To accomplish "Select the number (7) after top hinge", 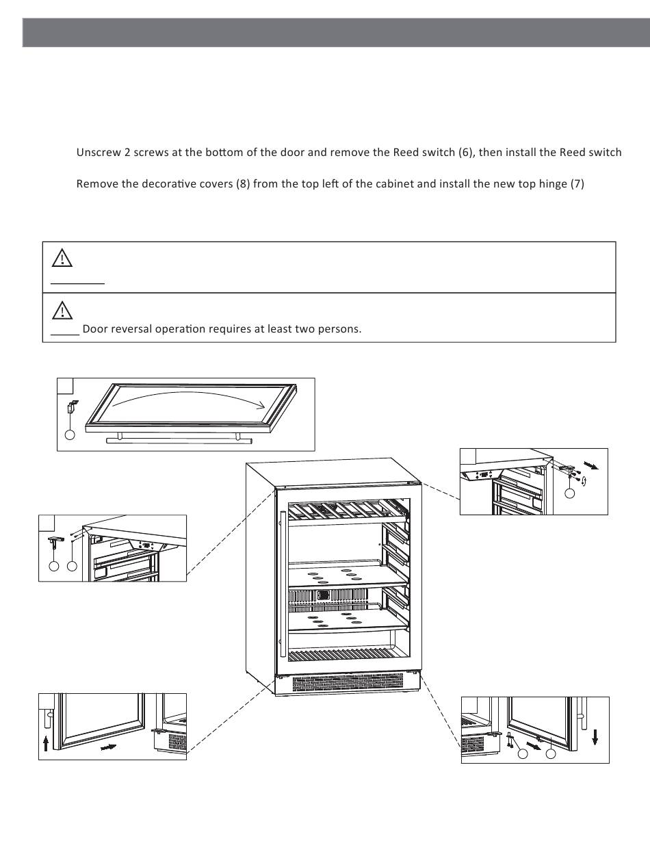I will (x=577, y=184).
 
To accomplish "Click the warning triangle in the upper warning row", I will (x=62, y=257).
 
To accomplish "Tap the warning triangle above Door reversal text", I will (x=62, y=309).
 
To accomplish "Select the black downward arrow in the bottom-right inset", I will (x=595, y=737).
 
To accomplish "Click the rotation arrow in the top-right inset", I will (x=582, y=483).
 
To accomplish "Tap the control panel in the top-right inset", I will (x=484, y=474).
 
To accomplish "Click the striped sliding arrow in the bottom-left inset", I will (x=108, y=748).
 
